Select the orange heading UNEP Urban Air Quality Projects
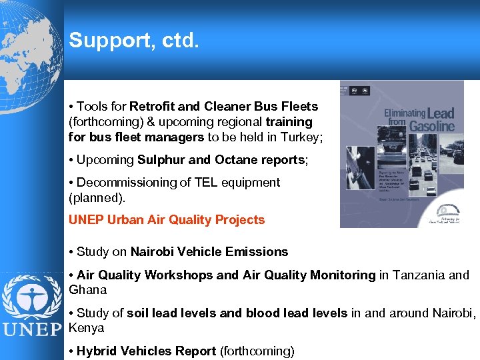coord(167,220)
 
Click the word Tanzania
coord(417,275)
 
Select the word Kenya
coord(87,329)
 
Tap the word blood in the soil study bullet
coord(263,313)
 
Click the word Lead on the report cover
coord(440,113)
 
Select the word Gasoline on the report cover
coord(432,126)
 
